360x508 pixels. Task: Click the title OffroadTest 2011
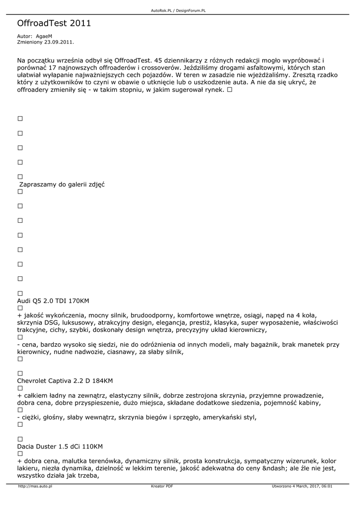54,23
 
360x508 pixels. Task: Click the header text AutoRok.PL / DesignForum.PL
178,10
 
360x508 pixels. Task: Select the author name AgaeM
44,37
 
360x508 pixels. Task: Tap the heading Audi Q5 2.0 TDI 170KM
53,301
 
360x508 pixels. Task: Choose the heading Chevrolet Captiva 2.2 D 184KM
65,381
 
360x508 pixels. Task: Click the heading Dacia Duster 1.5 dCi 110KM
60,446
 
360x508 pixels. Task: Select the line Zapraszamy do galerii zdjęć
62,185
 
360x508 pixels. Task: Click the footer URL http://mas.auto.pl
35,487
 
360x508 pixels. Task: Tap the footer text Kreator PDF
162,487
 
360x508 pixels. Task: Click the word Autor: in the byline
24,37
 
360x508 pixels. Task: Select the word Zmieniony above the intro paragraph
29,42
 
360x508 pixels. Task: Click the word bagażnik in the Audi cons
282,344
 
